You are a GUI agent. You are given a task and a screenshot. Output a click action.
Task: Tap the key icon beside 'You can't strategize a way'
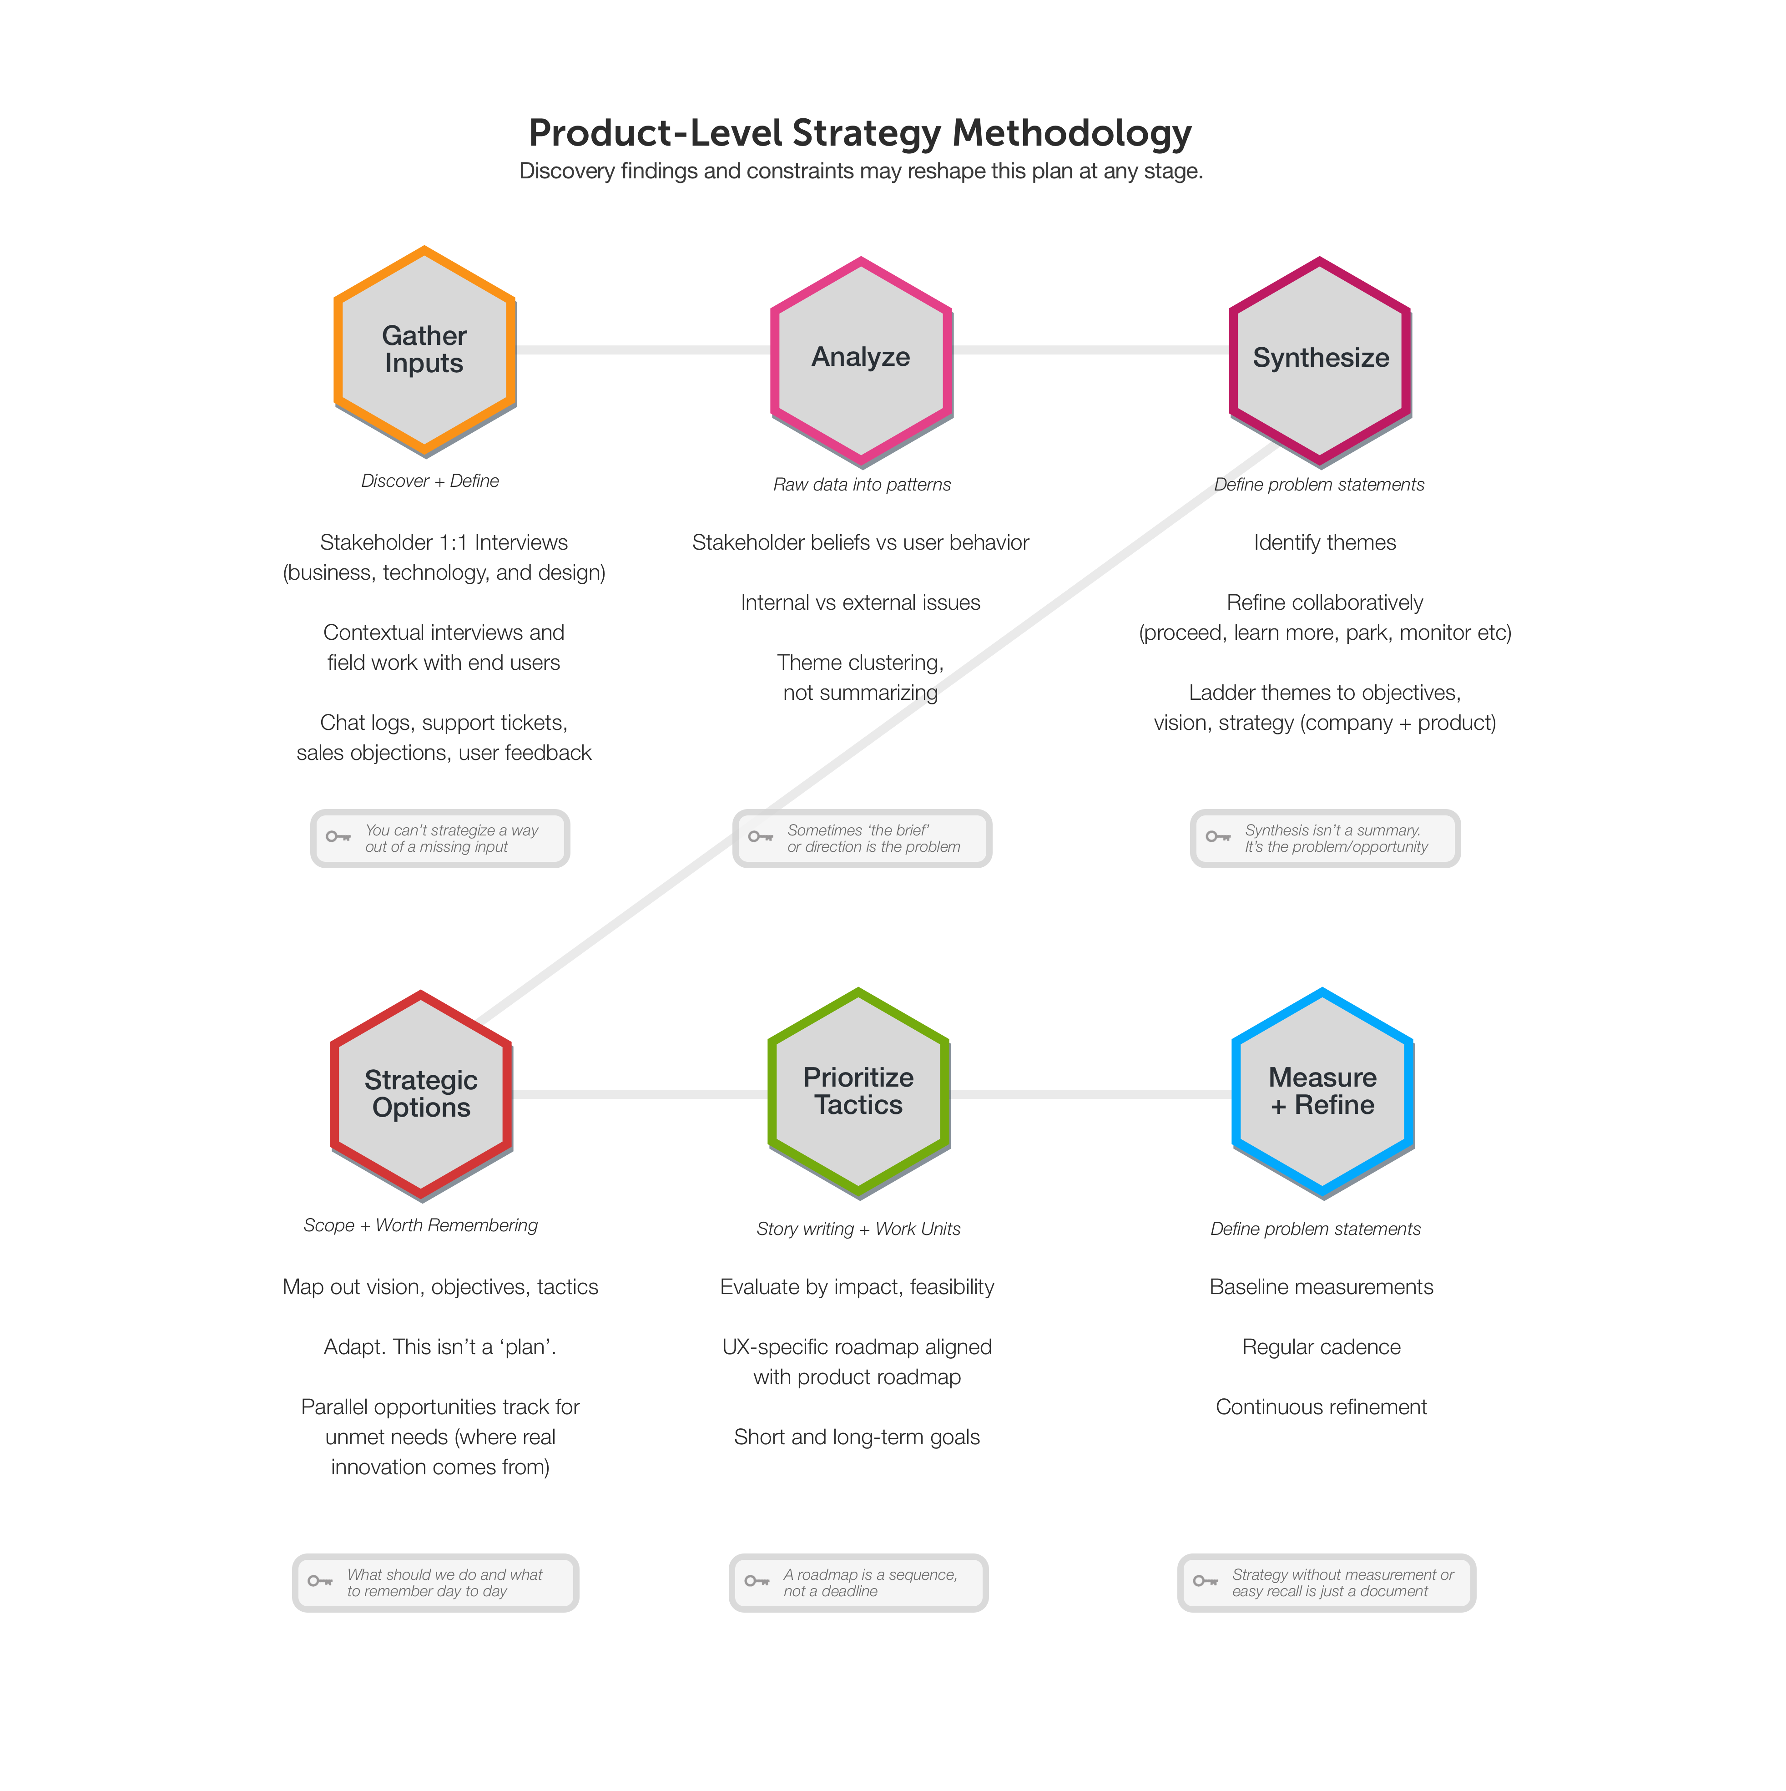pyautogui.click(x=338, y=837)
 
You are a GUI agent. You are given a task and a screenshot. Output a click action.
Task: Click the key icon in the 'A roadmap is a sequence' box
pyautogui.click(x=757, y=1582)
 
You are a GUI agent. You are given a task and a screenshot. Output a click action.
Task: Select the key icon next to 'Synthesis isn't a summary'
pyautogui.click(x=1218, y=837)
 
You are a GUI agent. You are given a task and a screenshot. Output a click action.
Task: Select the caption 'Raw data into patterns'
pyautogui.click(x=862, y=485)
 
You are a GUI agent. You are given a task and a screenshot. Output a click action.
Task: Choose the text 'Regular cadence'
pyautogui.click(x=1322, y=1347)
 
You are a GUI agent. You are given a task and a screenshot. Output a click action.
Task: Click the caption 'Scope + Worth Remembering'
pyautogui.click(x=421, y=1225)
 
